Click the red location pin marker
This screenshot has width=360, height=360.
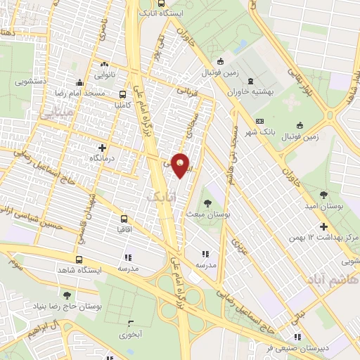[181, 165]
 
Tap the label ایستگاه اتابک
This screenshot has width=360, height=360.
[169, 13]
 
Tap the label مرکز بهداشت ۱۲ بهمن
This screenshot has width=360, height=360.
[324, 239]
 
